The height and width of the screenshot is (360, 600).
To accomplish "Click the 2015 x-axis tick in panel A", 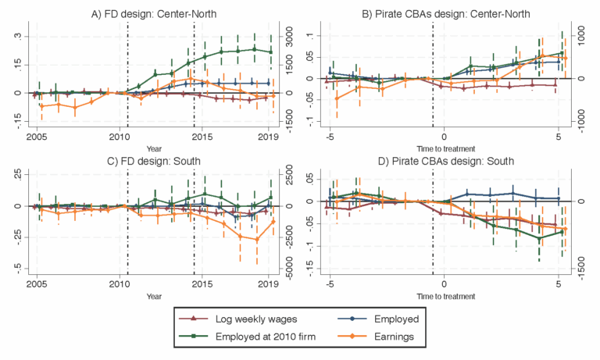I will coord(202,138).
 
